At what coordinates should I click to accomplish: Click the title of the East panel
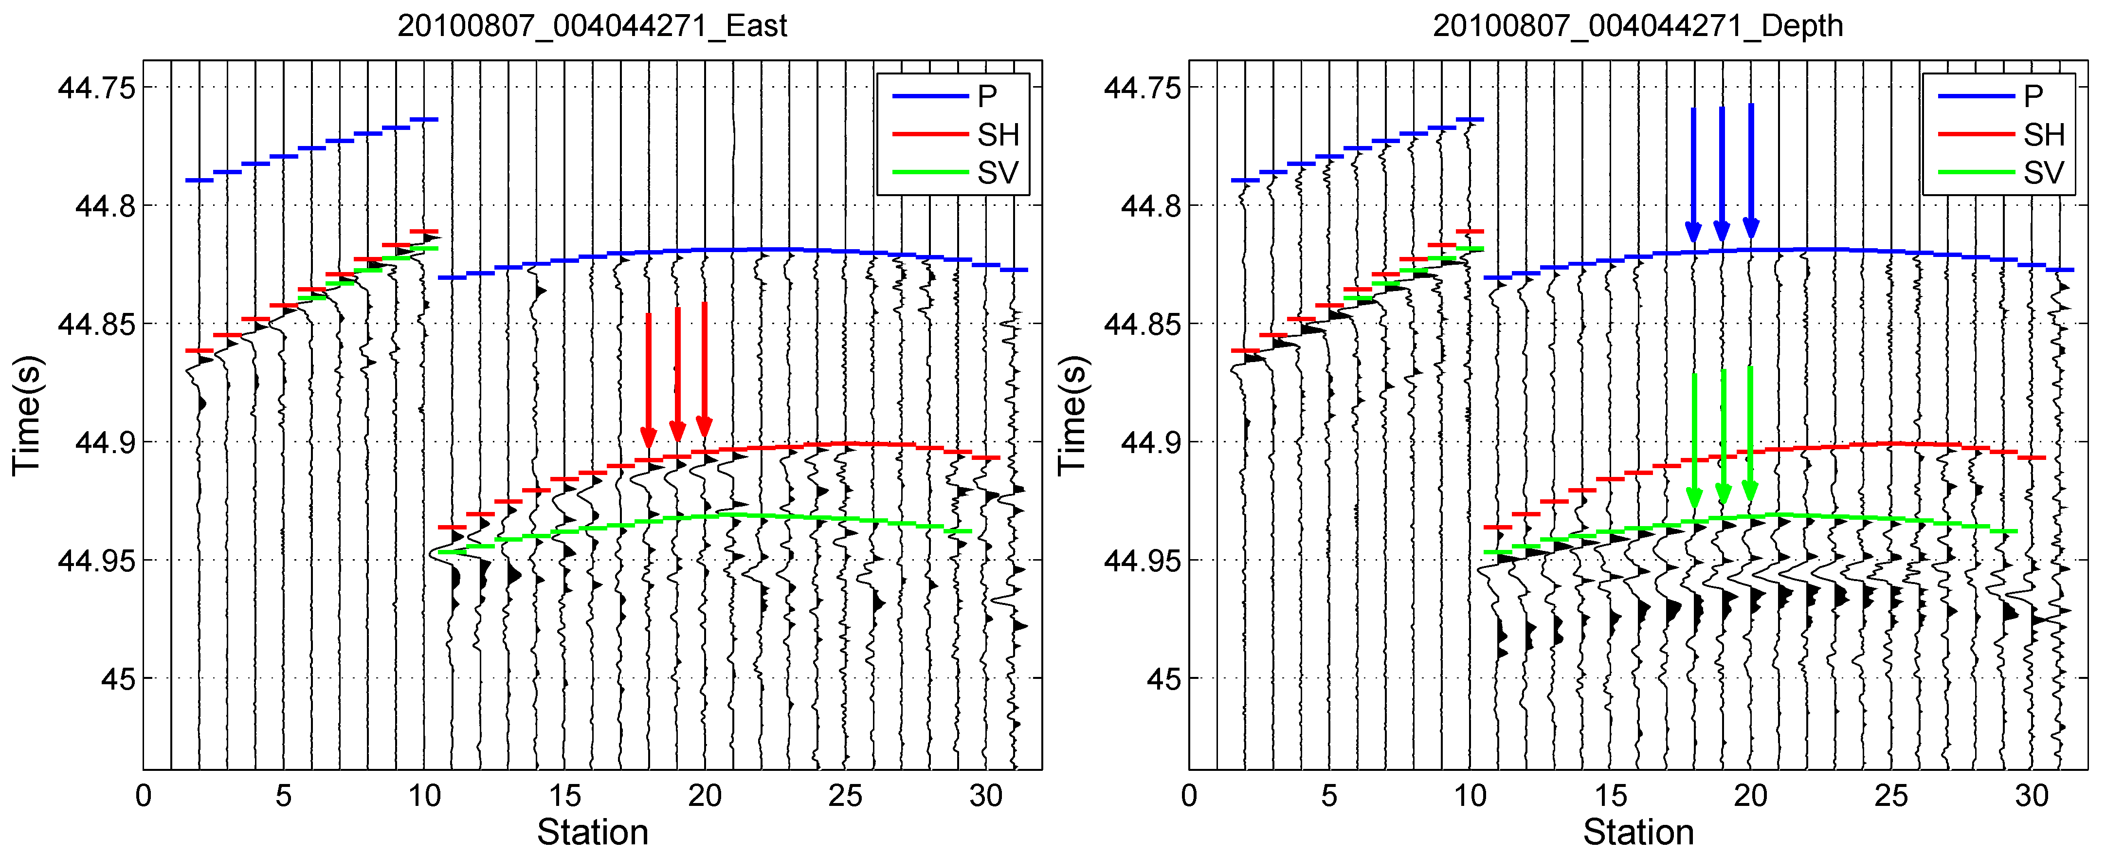coord(592,26)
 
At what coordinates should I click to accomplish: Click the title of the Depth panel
coord(1637,26)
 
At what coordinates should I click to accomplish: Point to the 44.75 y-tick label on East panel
coord(96,88)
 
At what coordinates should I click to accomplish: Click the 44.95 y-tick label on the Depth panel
coord(1142,560)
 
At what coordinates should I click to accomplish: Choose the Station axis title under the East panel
coord(592,833)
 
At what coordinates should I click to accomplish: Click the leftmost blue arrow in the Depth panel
coord(1693,175)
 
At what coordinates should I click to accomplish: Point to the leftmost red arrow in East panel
coord(648,380)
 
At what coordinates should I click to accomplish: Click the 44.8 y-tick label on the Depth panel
coord(1150,205)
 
